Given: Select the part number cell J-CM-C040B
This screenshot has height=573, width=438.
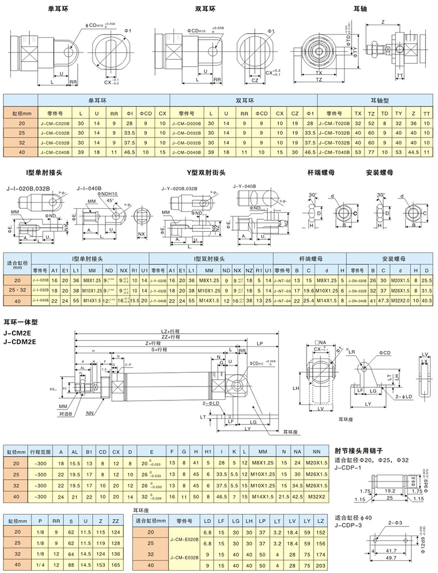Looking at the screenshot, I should pyautogui.click(x=56, y=152).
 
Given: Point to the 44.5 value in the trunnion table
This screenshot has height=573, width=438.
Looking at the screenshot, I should pyautogui.click(x=412, y=152).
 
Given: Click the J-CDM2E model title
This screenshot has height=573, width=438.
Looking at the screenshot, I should pyautogui.click(x=20, y=341).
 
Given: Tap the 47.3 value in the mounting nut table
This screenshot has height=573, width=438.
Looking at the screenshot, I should pyautogui.click(x=383, y=300).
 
